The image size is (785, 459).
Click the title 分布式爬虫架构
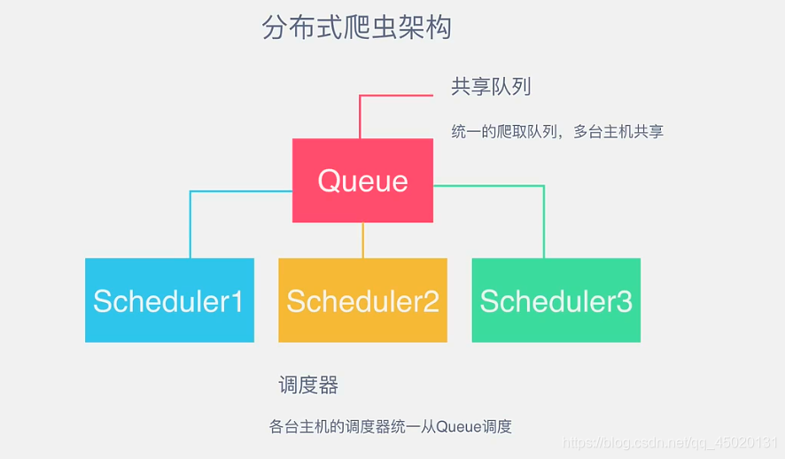click(357, 27)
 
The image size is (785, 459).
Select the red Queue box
click(362, 181)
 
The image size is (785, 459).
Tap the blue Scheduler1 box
click(169, 300)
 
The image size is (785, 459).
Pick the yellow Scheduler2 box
click(362, 300)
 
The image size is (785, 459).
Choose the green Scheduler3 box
click(556, 300)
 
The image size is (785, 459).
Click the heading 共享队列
click(491, 87)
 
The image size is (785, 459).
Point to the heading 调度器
click(308, 385)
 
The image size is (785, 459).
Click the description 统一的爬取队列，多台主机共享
click(557, 132)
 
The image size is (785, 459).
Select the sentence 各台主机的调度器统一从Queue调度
click(390, 426)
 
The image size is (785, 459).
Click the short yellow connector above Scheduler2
click(363, 240)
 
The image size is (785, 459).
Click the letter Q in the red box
click(329, 181)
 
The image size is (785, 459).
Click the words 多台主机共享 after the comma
click(618, 132)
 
